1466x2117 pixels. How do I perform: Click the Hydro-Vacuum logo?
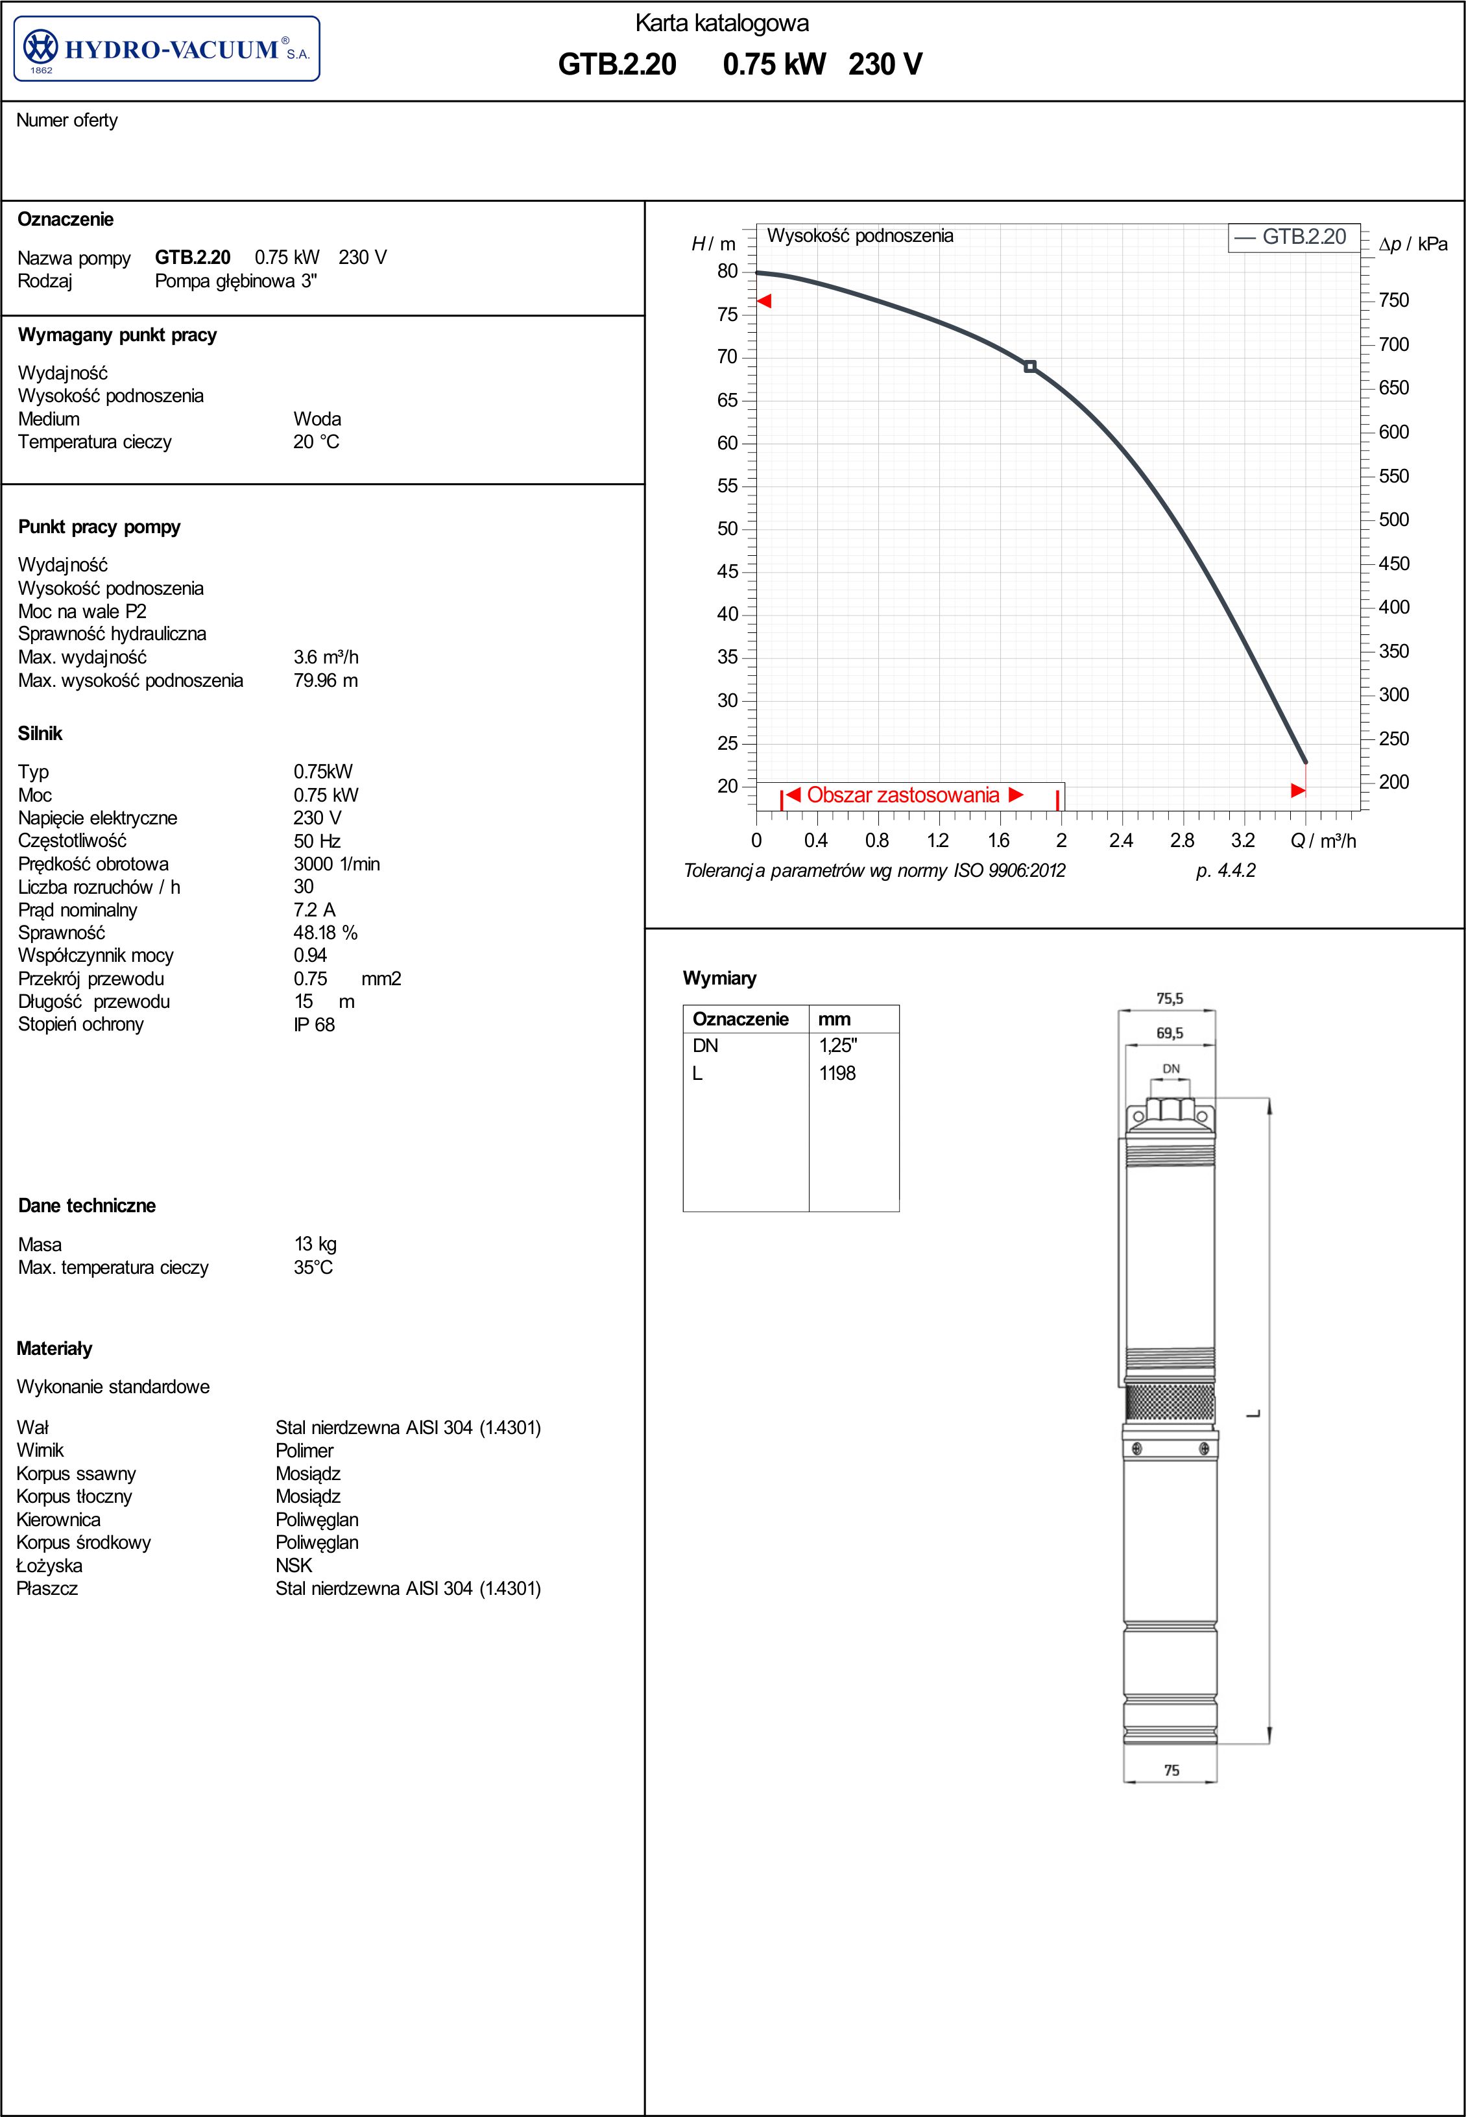coord(166,49)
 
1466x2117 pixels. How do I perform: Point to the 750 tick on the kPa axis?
coord(1393,300)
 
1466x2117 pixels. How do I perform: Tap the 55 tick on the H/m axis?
coord(728,486)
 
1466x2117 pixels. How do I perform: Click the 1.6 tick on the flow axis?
coord(998,841)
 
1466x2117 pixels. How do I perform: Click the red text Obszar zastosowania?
coord(903,795)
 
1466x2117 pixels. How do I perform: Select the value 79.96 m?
coord(325,680)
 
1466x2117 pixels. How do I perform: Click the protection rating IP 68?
coord(314,1025)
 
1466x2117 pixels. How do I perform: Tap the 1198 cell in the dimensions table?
coord(837,1073)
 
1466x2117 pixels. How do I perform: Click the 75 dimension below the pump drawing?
coord(1171,1770)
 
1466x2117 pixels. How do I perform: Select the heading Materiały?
coord(54,1349)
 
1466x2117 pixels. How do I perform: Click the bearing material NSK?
coord(294,1566)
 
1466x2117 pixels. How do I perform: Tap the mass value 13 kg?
coord(315,1245)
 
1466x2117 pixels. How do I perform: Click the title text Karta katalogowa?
coord(722,23)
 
